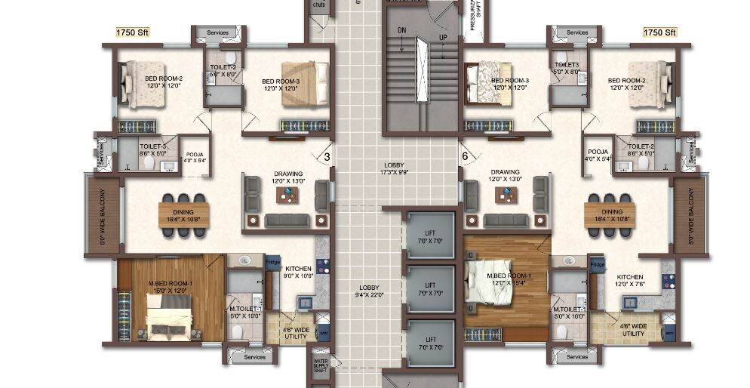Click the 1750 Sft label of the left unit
click(x=131, y=32)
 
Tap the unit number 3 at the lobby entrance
click(x=327, y=157)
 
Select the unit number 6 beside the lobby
click(x=466, y=157)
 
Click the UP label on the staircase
click(x=443, y=37)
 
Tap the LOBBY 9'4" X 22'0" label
click(x=369, y=291)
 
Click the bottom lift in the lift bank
click(x=430, y=343)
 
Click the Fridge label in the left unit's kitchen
click(x=272, y=262)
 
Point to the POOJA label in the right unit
click(x=598, y=156)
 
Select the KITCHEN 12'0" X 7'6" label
click(x=629, y=281)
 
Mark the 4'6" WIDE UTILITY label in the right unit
click(x=632, y=329)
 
